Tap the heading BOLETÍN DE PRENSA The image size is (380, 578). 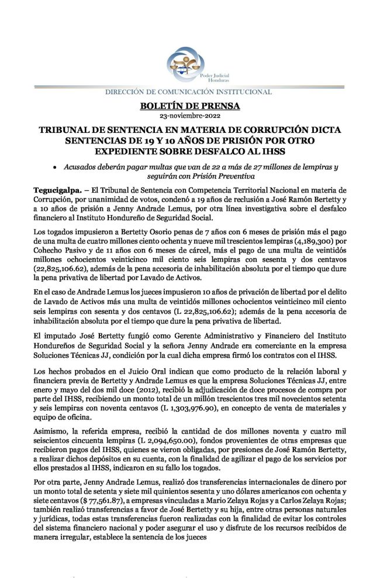[x=190, y=106]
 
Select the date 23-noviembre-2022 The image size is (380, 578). [x=190, y=116]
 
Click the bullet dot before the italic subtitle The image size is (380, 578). [x=54, y=168]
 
